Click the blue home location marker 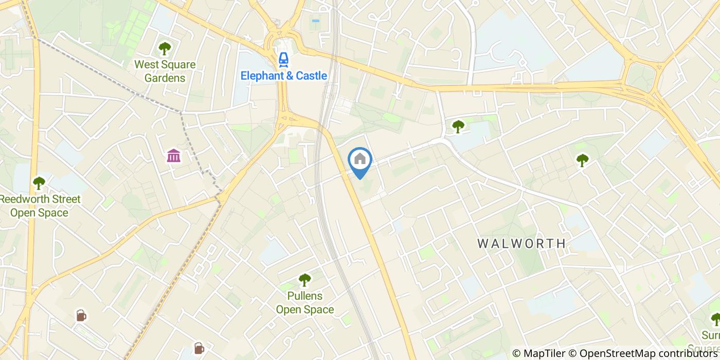click(359, 159)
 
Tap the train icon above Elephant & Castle click(283, 60)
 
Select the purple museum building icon click(174, 155)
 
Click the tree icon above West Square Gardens click(165, 49)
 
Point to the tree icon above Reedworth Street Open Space click(39, 183)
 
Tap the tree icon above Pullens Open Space click(305, 280)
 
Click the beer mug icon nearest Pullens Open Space click(199, 348)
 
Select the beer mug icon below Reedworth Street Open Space click(81, 315)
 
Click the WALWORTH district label click(521, 243)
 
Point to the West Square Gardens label click(165, 71)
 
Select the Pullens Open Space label click(305, 303)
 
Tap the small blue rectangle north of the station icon click(315, 21)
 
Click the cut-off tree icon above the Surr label click(715, 319)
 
